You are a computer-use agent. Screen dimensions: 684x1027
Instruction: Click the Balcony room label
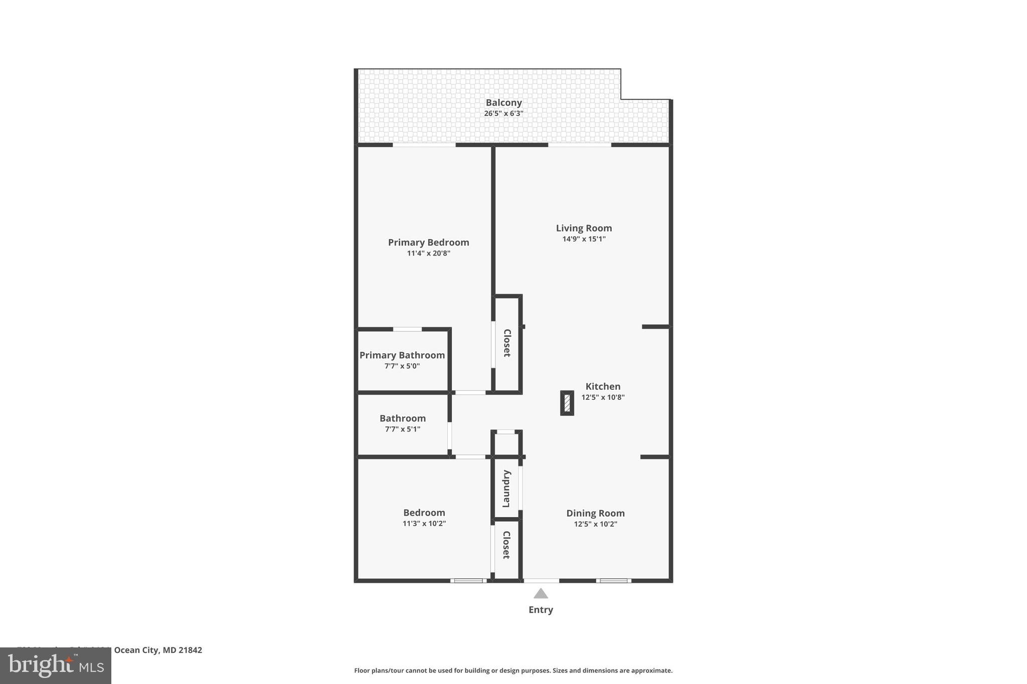click(503, 103)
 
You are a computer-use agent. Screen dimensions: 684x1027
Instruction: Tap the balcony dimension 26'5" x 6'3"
click(503, 114)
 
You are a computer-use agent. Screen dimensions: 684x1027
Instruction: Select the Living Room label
click(584, 228)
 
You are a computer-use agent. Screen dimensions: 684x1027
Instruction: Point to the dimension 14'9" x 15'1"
click(584, 239)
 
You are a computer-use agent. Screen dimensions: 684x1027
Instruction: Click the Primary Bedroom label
click(428, 243)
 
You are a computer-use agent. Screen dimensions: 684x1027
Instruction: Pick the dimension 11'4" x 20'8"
click(428, 254)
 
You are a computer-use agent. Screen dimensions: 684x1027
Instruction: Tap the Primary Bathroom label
click(402, 355)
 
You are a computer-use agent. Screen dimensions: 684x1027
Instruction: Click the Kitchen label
click(603, 386)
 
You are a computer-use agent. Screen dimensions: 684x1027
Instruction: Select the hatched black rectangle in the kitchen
click(567, 403)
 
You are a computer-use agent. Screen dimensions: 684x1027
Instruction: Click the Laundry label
click(506, 489)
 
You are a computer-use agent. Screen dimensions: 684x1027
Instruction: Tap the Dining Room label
click(595, 513)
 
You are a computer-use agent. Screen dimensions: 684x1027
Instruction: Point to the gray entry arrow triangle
click(541, 594)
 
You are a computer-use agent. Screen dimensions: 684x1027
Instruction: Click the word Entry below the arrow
click(541, 610)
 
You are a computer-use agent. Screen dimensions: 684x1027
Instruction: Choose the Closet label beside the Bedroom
click(506, 545)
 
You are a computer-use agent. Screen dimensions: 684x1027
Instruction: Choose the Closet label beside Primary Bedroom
click(507, 343)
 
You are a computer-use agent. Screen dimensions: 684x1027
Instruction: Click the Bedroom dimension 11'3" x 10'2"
click(424, 524)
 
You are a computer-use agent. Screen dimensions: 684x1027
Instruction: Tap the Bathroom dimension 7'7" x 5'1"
click(402, 429)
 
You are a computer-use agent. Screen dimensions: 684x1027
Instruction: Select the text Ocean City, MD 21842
click(158, 650)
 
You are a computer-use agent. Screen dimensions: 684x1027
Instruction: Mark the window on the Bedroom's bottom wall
click(468, 581)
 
